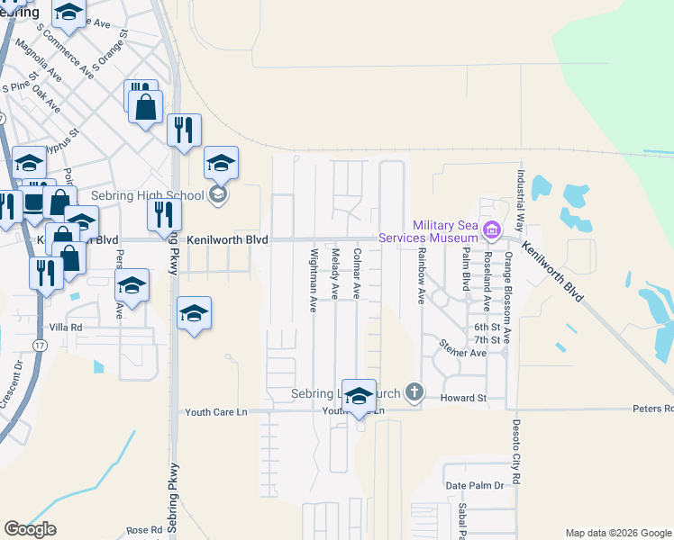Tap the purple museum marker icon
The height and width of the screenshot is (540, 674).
pos(490,230)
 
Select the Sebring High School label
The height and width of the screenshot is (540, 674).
pos(149,194)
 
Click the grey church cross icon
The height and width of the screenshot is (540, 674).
pos(414,392)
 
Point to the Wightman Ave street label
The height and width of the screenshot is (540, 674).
pos(314,280)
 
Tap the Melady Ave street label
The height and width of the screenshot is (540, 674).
pos(335,274)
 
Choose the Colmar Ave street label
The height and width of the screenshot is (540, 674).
pos(357,274)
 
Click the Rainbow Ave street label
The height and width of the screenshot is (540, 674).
pos(421,276)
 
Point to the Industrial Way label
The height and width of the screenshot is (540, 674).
pos(520,201)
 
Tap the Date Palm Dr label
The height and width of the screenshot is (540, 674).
pos(474,486)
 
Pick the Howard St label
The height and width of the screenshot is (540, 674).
pos(463,397)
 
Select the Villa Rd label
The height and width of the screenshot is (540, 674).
pos(66,328)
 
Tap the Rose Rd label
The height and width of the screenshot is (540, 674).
pos(143,530)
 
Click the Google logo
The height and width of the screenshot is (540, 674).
pos(30,529)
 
